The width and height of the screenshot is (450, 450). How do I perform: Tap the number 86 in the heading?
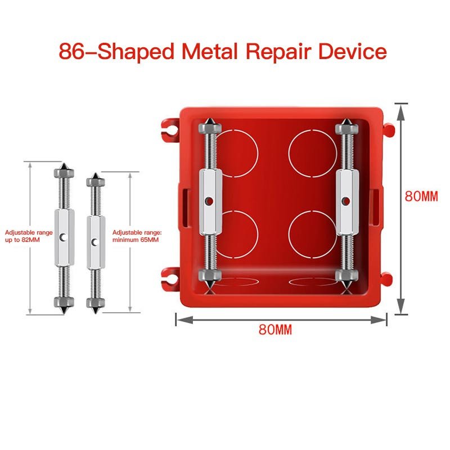(71, 52)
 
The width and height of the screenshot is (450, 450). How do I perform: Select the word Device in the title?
(353, 52)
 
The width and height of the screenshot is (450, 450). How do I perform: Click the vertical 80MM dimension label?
(421, 196)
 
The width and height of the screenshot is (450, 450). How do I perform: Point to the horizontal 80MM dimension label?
(275, 330)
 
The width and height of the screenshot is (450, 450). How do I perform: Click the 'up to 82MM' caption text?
(22, 240)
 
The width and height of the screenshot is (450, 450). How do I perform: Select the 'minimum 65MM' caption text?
(136, 240)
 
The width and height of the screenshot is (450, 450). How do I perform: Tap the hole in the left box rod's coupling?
(209, 201)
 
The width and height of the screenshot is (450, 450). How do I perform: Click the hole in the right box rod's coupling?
(346, 201)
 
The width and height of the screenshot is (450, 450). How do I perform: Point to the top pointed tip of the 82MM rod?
(64, 163)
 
